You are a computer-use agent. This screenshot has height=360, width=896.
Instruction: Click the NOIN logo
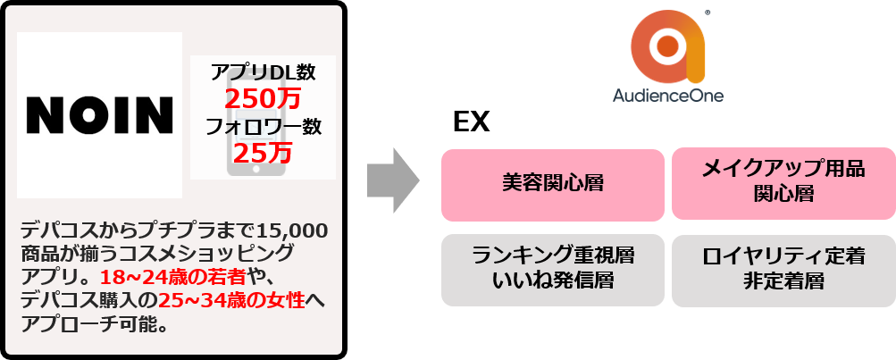coord(99,115)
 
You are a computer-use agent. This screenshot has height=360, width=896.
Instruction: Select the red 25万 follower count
coord(263,153)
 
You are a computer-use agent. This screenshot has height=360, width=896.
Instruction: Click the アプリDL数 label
coord(263,71)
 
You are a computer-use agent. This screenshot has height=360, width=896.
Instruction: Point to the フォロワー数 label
coord(263,126)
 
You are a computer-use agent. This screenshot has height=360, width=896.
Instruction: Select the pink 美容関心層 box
coord(552,184)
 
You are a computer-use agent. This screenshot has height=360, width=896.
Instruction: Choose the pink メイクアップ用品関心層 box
coord(783,183)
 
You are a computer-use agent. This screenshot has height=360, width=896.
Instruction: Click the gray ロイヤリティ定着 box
coord(783,256)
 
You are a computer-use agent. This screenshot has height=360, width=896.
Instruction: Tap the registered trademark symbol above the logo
coord(708,13)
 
